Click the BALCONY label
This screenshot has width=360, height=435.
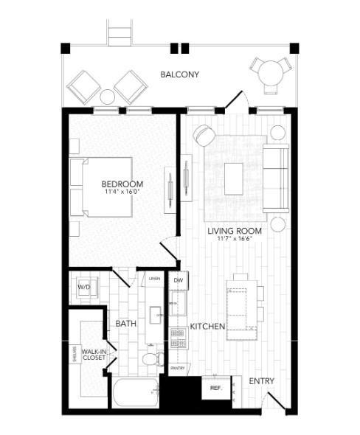click(181, 74)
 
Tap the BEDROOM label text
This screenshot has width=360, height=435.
click(122, 184)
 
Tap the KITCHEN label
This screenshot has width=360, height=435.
click(207, 326)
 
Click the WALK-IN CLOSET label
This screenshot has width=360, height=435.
click(94, 355)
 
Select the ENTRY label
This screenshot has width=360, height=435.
click(262, 381)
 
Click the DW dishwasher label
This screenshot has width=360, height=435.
click(178, 281)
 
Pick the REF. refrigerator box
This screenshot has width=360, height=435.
click(216, 387)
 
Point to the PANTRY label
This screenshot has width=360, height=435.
click(177, 368)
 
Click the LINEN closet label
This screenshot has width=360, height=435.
click(154, 278)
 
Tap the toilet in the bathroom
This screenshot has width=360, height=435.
click(150, 359)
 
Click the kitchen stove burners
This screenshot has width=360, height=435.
click(177, 338)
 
